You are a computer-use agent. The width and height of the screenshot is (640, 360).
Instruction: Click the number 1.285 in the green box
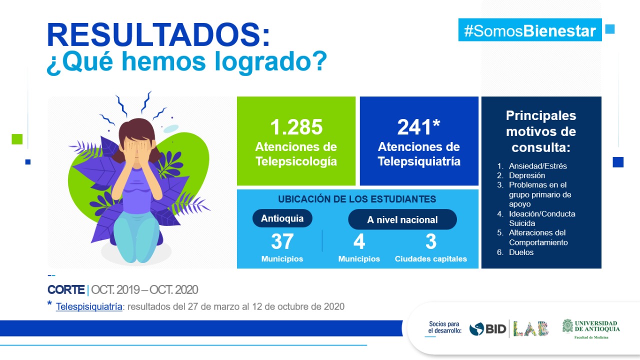pyautogui.click(x=296, y=127)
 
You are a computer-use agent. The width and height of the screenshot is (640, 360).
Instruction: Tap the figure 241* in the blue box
pyautogui.click(x=418, y=127)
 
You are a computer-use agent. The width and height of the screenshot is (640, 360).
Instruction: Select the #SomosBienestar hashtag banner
pyautogui.click(x=530, y=30)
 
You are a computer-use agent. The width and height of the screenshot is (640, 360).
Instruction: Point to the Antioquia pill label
pyautogui.click(x=282, y=218)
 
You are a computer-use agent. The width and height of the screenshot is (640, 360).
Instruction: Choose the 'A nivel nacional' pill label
pyautogui.click(x=402, y=219)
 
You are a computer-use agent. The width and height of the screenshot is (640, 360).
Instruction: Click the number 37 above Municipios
pyautogui.click(x=282, y=241)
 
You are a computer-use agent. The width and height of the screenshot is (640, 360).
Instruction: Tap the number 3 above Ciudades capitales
pyautogui.click(x=431, y=241)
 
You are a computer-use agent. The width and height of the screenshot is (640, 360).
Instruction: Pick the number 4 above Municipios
pyautogui.click(x=359, y=241)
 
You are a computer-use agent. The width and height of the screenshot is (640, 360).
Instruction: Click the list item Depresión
pyautogui.click(x=527, y=175)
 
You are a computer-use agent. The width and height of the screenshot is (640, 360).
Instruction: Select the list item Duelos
pyautogui.click(x=521, y=252)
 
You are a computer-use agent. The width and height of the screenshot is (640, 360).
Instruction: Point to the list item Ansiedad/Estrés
pyautogui.click(x=537, y=166)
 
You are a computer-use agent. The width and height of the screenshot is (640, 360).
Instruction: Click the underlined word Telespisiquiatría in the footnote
pyautogui.click(x=89, y=306)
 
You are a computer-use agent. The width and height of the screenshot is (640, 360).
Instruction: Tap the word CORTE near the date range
pyautogui.click(x=66, y=289)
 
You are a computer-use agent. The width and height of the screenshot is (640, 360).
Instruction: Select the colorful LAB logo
pyautogui.click(x=530, y=329)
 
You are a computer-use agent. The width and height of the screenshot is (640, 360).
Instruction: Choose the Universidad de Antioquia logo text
pyautogui.click(x=597, y=326)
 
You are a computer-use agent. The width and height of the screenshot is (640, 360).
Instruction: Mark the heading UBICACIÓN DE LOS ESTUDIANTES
pyautogui.click(x=357, y=199)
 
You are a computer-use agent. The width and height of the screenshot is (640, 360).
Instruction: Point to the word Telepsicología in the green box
pyautogui.click(x=296, y=161)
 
